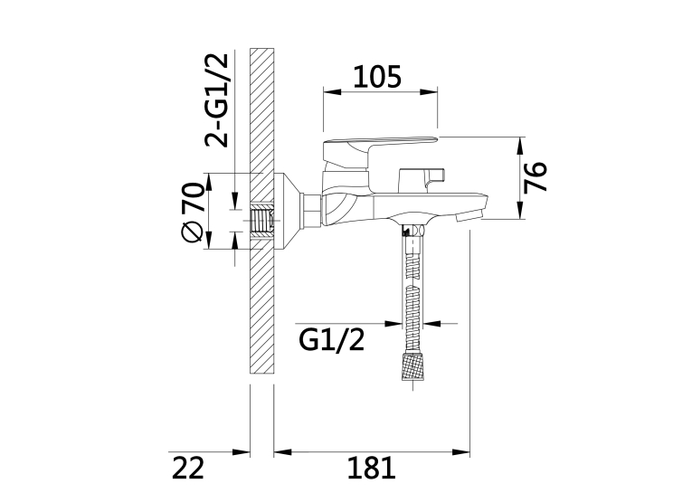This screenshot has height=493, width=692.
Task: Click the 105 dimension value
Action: (377, 77)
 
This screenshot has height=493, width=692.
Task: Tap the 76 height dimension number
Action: (536, 177)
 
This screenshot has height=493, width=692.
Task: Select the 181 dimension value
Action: (371, 468)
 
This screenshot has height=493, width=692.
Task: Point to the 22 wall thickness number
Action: (188, 468)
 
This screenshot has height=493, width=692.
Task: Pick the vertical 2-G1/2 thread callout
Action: (217, 100)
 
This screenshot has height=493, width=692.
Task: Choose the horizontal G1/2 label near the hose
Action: (332, 340)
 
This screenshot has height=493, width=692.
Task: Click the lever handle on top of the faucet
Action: (380, 150)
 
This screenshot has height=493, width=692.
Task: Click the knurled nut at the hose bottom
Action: (413, 365)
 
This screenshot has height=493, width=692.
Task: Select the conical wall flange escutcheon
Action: (287, 212)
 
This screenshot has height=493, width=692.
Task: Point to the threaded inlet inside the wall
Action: (261, 220)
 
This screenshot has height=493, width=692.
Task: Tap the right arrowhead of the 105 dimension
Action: (429, 91)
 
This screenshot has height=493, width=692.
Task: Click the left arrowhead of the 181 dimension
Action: (283, 452)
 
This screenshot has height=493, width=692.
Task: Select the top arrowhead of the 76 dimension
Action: (521, 146)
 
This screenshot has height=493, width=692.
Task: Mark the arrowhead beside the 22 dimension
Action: (241, 452)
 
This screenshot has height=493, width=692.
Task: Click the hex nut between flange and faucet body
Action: (310, 211)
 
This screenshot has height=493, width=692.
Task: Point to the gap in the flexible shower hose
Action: (413, 282)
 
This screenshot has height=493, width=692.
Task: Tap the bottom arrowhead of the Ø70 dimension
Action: (209, 240)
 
